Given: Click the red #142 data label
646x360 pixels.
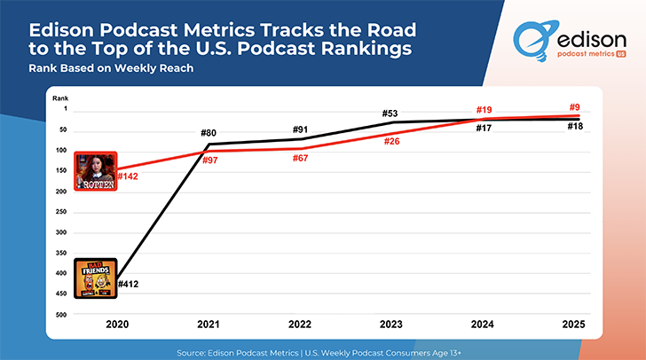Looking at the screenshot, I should coord(127,176).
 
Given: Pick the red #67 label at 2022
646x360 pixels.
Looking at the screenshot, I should coord(300,158).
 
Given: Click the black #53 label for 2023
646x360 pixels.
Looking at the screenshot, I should coord(390,113).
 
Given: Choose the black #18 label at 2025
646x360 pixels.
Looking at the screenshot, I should coord(575,127).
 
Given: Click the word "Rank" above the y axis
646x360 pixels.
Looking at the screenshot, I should coord(59,98).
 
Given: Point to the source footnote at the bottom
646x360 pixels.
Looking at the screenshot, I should coord(323,350).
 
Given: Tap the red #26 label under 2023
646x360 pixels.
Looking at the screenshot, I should coord(390,142).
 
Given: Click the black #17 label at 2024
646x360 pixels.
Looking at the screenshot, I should coord(484,129).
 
